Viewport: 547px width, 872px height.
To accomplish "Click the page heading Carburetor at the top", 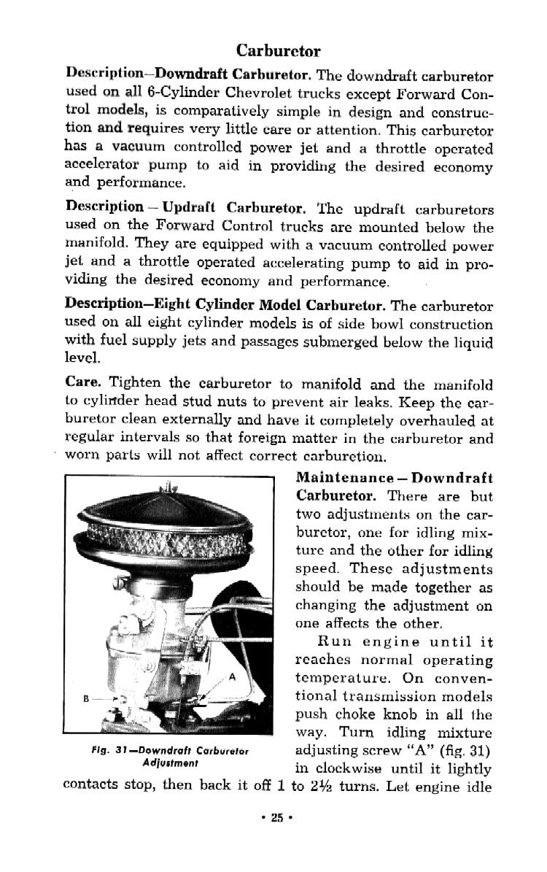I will click(x=278, y=51).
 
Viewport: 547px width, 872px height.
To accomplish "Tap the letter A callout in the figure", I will click(x=231, y=676).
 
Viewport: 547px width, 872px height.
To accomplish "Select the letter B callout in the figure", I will click(x=85, y=700).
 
